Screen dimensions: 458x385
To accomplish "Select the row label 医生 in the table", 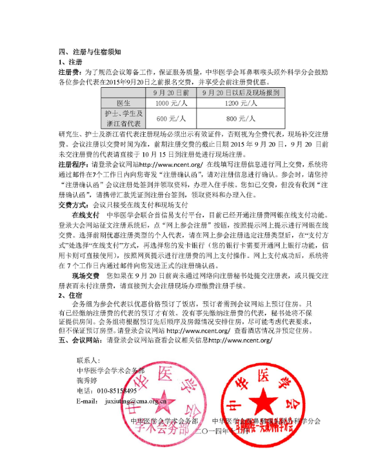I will coord(123,103).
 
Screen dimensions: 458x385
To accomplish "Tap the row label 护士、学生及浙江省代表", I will coord(123,119).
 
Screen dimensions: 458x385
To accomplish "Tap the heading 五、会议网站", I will coord(80,340).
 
